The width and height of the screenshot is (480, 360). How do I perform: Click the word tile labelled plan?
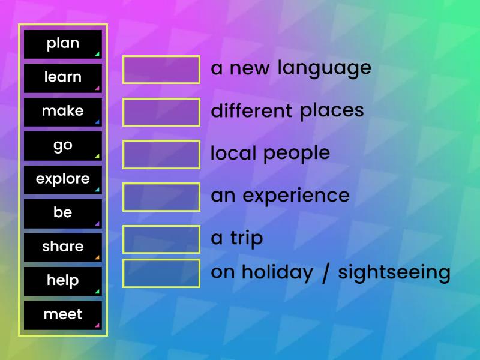63,44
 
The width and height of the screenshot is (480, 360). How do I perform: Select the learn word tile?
63,77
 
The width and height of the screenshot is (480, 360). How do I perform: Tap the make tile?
63,112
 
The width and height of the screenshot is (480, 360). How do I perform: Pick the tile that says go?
63,145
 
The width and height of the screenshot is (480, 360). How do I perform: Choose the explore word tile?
63,179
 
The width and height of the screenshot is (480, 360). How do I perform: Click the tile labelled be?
63,213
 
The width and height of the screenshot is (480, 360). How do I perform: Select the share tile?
63,247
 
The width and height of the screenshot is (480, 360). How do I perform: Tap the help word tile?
63,281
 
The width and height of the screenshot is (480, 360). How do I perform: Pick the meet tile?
63,315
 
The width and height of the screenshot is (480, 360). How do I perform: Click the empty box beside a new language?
161,70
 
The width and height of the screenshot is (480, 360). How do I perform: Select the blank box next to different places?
161,112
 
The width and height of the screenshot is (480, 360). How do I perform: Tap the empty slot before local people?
161,154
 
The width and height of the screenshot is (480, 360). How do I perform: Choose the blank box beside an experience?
161,197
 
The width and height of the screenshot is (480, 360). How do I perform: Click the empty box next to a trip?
161,239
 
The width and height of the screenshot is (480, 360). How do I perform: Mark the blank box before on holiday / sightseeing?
161,273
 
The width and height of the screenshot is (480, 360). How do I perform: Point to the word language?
324,68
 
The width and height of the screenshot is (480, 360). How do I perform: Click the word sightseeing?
394,273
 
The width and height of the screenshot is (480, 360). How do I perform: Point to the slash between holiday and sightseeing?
325,273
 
